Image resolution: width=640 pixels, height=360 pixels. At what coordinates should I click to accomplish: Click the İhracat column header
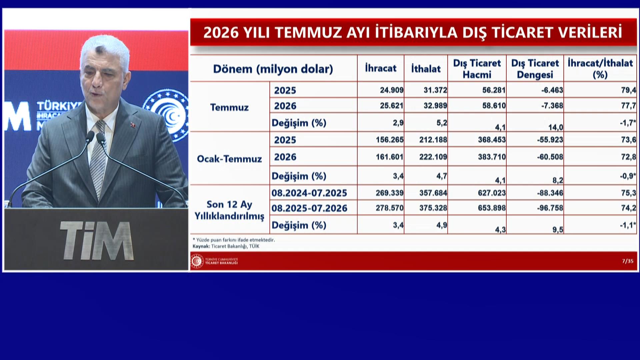click(381, 68)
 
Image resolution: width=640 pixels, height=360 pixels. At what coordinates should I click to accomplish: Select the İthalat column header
click(426, 68)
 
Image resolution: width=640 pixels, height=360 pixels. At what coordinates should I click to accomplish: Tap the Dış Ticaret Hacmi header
click(477, 69)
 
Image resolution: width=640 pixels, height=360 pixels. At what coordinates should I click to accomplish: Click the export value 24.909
click(392, 90)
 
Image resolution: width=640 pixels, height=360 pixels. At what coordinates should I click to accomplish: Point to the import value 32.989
click(435, 106)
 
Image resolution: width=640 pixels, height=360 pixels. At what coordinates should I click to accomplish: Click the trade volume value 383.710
click(492, 157)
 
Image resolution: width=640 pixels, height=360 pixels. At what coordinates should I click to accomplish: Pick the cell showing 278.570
click(390, 208)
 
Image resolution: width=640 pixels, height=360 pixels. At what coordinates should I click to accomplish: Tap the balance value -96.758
click(550, 208)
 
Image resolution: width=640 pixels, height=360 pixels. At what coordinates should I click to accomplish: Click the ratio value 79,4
click(628, 90)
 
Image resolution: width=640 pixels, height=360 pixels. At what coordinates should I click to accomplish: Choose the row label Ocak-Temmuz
click(229, 159)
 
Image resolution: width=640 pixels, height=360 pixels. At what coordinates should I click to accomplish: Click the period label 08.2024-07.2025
click(309, 193)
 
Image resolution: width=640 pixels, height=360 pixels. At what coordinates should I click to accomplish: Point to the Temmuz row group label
click(229, 107)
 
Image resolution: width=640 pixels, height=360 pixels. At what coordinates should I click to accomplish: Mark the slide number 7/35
click(628, 261)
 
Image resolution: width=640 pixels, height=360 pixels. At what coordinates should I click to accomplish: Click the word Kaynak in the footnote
click(201, 246)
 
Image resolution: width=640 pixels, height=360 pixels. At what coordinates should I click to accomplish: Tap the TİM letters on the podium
click(97, 240)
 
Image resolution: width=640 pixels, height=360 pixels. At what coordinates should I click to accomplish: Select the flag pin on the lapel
click(133, 125)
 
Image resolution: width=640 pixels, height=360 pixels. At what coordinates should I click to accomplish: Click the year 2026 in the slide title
click(221, 32)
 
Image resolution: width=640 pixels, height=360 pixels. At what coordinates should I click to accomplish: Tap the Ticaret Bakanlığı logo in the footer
click(197, 261)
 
